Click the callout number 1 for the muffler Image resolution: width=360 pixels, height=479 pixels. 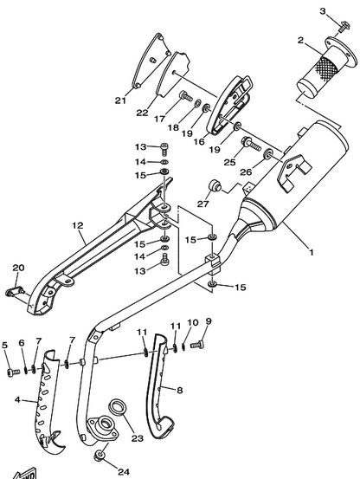coord(312,253)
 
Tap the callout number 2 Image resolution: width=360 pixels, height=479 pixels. coord(301,41)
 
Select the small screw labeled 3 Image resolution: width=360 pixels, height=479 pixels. coord(344,26)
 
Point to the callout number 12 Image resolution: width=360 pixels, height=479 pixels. coord(78,225)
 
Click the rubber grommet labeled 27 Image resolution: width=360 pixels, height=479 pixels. coord(215,185)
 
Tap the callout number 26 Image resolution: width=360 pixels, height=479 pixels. coord(246,172)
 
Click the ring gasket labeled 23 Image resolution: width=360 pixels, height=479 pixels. coord(118,408)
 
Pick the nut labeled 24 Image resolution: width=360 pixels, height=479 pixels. coord(100,455)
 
